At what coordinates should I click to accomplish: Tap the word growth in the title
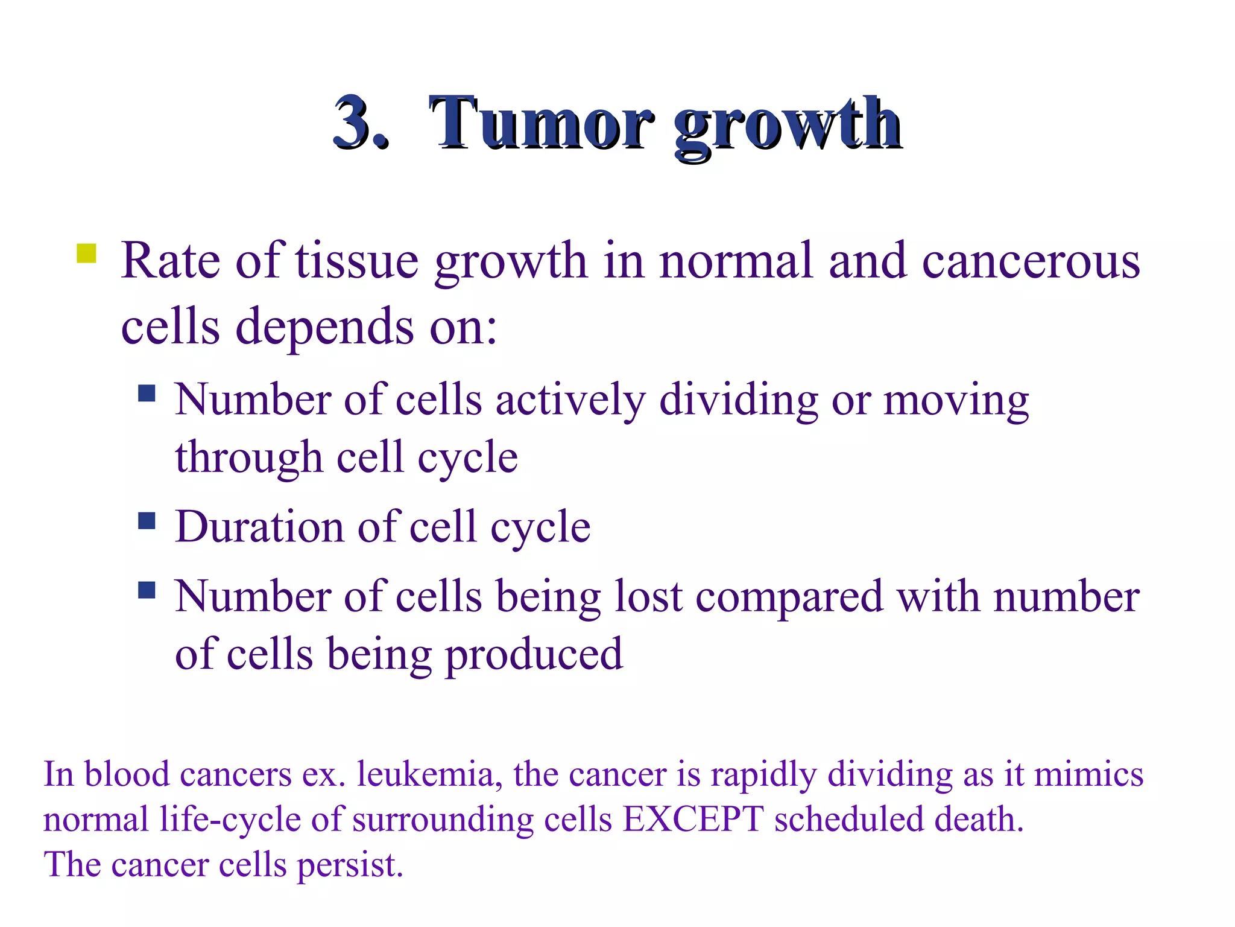click(787, 127)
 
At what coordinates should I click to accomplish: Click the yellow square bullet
click(87, 253)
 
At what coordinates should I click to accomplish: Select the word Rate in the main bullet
click(171, 261)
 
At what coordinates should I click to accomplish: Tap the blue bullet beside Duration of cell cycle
click(147, 520)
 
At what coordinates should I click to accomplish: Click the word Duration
click(259, 526)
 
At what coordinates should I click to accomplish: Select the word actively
click(570, 400)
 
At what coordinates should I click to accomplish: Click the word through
click(248, 457)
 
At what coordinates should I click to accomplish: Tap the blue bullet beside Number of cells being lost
click(147, 590)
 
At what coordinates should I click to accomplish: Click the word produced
click(533, 655)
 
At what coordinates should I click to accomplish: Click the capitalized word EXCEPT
click(693, 820)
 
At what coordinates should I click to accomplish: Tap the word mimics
click(1088, 774)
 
